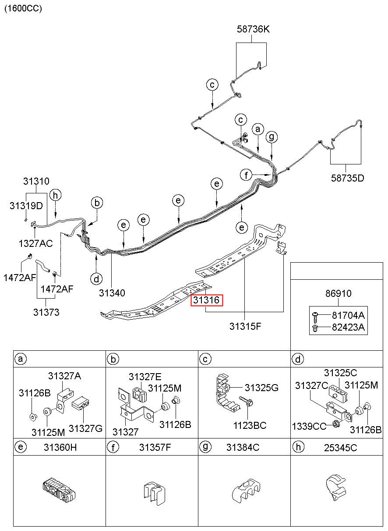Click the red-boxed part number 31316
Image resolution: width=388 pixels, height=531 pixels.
tap(206, 300)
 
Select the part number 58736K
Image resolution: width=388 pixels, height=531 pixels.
tap(253, 29)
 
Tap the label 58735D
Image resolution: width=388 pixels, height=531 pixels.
tap(347, 178)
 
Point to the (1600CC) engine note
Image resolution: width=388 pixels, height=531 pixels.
tap(23, 8)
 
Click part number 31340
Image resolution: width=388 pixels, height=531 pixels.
tap(112, 293)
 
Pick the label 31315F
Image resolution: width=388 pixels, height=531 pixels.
tap(245, 326)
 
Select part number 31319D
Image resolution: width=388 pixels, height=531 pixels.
tap(26, 206)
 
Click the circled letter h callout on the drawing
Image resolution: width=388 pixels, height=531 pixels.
tap(55, 195)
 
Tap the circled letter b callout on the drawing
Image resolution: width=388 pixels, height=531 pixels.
tap(97, 203)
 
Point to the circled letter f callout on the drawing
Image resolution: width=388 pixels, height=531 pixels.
tap(246, 175)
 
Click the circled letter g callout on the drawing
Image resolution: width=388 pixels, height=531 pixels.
tap(272, 137)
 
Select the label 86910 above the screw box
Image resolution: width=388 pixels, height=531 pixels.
tap(338, 293)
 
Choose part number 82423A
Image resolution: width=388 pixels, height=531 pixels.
tap(348, 328)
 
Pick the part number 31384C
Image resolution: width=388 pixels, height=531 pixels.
tap(243, 447)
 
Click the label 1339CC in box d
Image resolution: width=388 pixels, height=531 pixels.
tap(309, 427)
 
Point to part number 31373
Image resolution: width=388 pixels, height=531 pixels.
tap(46, 312)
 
